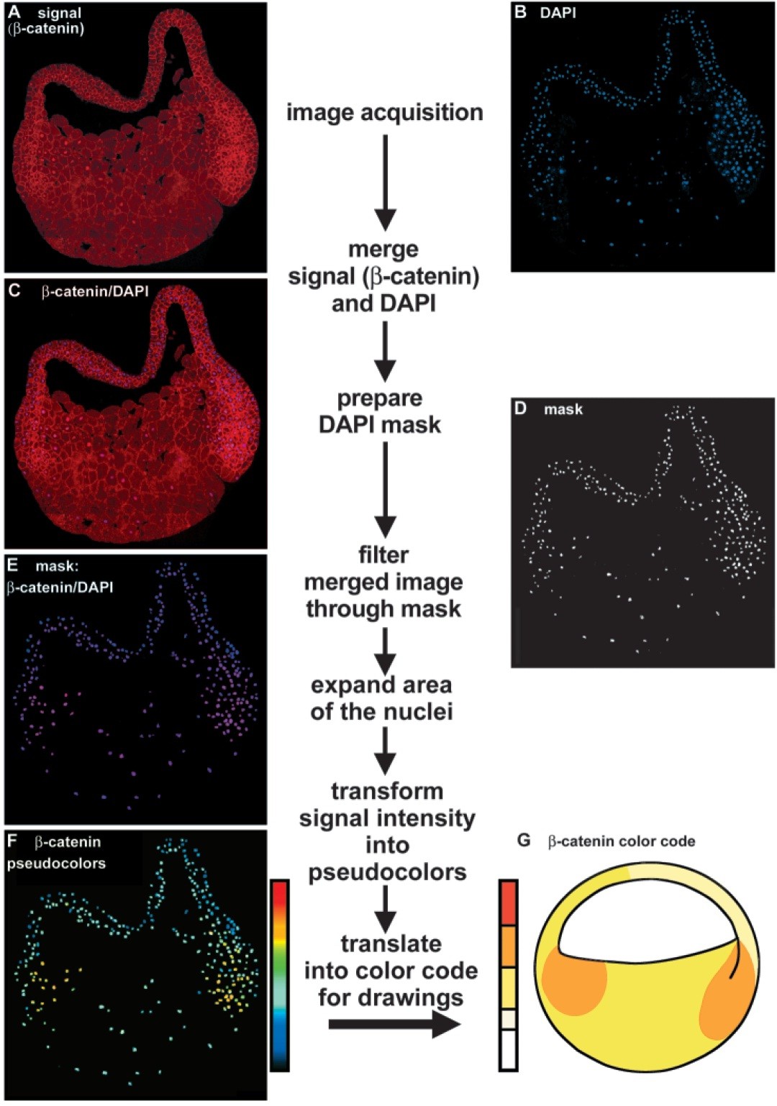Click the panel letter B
click(522, 13)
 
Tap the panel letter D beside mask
click(521, 408)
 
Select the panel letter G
click(524, 841)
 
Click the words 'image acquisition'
click(384, 113)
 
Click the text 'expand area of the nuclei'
click(381, 698)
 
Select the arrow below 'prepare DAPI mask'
click(386, 489)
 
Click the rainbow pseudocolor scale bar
click(280, 974)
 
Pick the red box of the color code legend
click(508, 903)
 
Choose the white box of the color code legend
click(508, 1050)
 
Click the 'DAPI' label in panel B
click(558, 13)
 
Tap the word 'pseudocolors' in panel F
click(56, 863)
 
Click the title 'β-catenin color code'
click(622, 841)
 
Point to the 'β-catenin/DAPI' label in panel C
click(95, 291)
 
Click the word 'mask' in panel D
click(563, 409)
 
